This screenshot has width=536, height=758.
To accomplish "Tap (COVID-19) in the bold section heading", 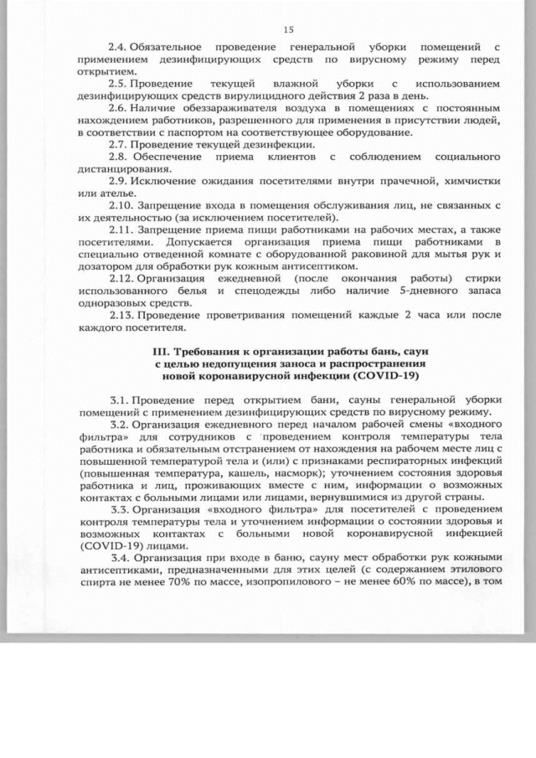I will [389, 376].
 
